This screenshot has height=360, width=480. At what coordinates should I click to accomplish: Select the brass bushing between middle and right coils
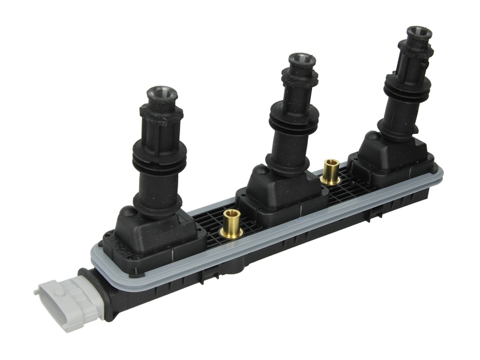pos(329,172)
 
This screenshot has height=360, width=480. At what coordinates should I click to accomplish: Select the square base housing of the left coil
pos(150,234)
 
